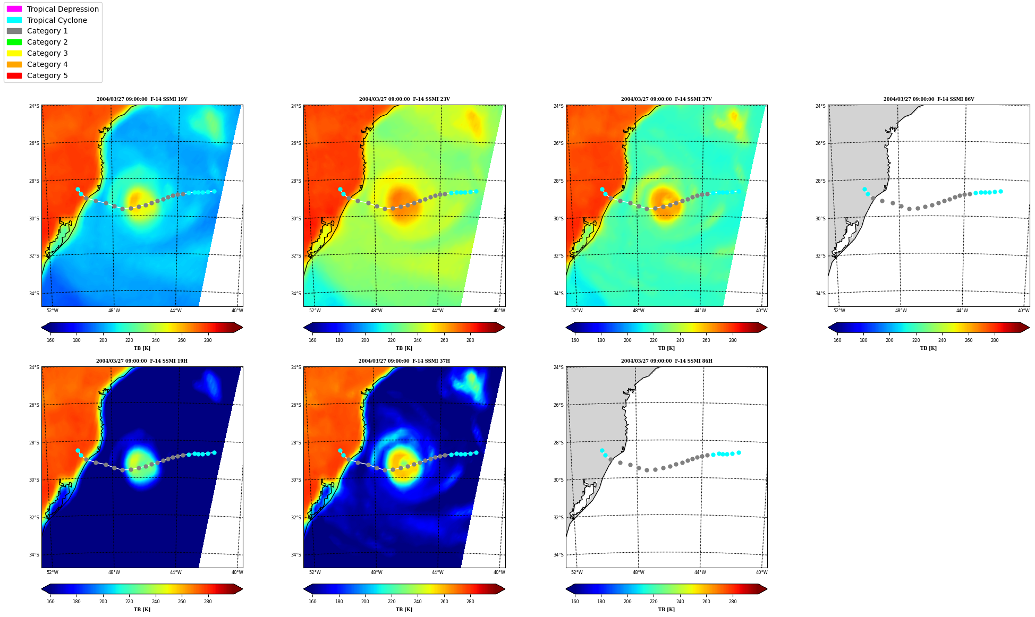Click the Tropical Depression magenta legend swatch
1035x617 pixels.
click(x=14, y=9)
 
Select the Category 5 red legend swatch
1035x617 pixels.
click(x=14, y=75)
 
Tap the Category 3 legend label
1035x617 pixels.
click(x=47, y=53)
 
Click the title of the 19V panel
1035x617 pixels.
click(x=142, y=99)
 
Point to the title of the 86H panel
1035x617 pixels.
click(x=666, y=361)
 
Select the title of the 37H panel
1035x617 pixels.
click(x=404, y=361)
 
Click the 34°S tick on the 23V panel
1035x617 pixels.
click(x=295, y=294)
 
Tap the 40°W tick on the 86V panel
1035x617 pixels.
click(x=1023, y=311)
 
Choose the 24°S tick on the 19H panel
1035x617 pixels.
click(x=33, y=367)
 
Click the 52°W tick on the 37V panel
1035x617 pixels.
click(x=576, y=311)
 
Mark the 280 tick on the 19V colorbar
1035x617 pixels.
click(x=208, y=340)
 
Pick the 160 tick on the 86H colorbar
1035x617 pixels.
click(x=575, y=602)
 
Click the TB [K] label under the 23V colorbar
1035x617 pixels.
click(x=404, y=348)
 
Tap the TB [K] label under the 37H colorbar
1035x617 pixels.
click(x=404, y=610)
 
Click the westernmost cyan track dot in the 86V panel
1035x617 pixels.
click(x=864, y=189)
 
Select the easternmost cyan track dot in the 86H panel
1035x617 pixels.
click(x=739, y=453)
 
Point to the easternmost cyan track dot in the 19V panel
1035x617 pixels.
click(x=214, y=191)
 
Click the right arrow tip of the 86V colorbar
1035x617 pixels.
click(x=1029, y=328)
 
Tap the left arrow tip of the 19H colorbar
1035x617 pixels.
click(x=41, y=589)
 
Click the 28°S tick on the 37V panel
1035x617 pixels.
click(x=558, y=181)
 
